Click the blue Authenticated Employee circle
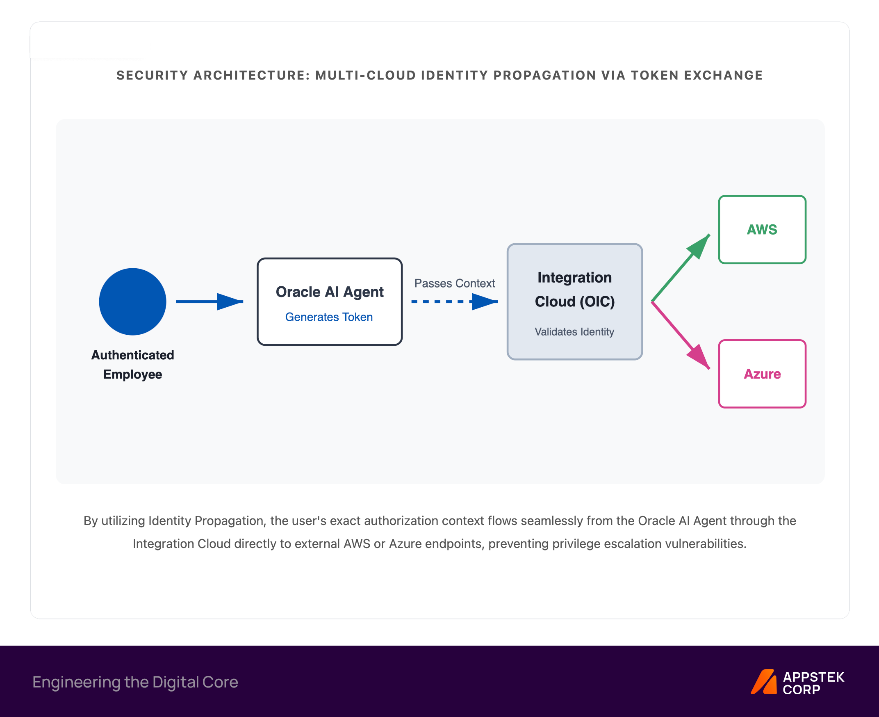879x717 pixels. click(x=132, y=301)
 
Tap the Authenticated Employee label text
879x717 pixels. click(x=132, y=365)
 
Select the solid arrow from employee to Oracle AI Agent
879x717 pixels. click(x=210, y=301)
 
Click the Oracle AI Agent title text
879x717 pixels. click(x=330, y=292)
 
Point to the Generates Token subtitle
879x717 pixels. click(x=329, y=317)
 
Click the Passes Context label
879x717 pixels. click(x=455, y=283)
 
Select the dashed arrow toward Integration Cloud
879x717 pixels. click(x=455, y=301)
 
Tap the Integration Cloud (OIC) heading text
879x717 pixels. click(x=575, y=290)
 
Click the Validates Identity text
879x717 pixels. click(x=574, y=332)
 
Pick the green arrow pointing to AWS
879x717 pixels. click(x=681, y=267)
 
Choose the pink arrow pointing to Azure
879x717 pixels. click(x=681, y=336)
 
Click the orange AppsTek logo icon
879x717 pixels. click(x=764, y=681)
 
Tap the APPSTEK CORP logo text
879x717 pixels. click(x=813, y=683)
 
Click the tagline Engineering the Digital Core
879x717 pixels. click(x=135, y=682)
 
